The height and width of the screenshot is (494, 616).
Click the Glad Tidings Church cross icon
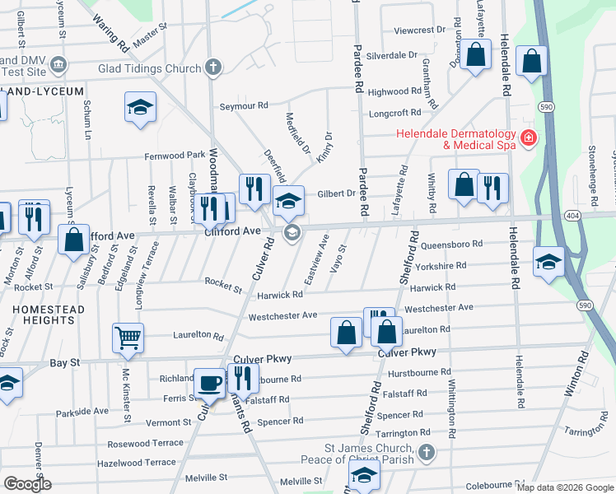click(x=213, y=67)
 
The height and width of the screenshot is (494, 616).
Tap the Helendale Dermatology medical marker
click(x=527, y=137)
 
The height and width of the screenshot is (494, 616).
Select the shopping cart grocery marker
click(x=128, y=337)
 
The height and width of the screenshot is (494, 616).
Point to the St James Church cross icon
click(x=426, y=452)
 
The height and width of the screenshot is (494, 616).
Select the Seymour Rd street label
click(x=244, y=105)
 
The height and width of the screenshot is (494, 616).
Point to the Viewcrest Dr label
click(x=419, y=30)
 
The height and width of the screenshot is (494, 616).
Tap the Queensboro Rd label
click(x=450, y=245)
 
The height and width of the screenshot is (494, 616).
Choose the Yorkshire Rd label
click(x=443, y=266)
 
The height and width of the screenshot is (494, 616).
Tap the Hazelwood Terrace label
click(x=136, y=464)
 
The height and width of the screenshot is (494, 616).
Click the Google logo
click(x=27, y=483)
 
